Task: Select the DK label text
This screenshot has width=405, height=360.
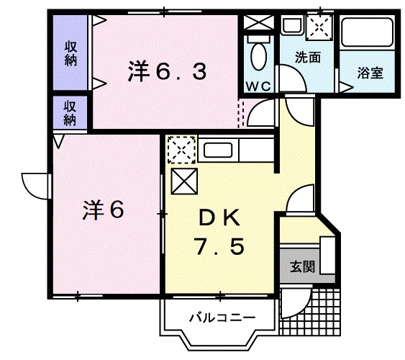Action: coord(222,217)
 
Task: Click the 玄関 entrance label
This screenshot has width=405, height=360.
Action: coord(303,266)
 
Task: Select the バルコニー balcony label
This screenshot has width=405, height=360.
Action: coord(221,316)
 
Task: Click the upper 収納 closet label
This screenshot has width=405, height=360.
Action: coord(70,55)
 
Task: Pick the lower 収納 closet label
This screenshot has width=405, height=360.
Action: coord(70,112)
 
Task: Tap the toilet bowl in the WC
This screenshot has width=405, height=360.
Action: coord(258,52)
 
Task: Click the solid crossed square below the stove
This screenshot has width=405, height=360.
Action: coord(183,181)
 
